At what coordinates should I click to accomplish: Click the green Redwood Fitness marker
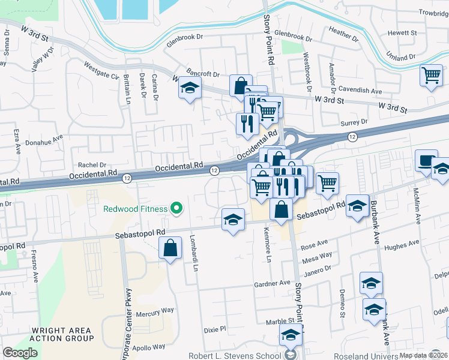(176, 208)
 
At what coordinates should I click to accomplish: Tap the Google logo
(20, 353)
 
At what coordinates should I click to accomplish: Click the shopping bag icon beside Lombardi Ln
(170, 248)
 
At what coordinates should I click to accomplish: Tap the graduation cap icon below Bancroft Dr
(190, 89)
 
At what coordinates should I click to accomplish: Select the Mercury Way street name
(155, 312)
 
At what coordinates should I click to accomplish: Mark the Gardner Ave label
(272, 283)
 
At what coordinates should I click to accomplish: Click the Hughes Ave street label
(401, 245)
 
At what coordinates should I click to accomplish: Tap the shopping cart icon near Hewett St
(431, 76)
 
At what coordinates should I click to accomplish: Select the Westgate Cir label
(101, 70)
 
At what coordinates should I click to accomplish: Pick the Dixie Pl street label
(214, 329)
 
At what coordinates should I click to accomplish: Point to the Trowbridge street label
(433, 13)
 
